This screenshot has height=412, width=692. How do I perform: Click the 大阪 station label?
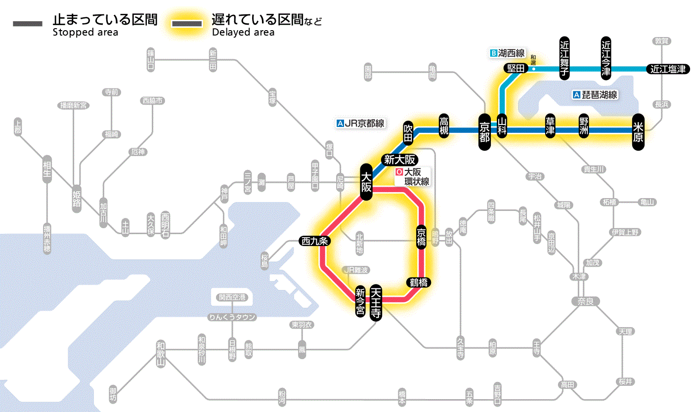tap(366, 182)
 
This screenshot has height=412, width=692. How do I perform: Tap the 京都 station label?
tap(485, 130)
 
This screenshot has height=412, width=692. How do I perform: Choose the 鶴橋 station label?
tap(418, 283)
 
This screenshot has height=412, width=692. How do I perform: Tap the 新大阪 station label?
tap(399, 160)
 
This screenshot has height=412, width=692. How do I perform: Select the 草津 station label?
tap(550, 127)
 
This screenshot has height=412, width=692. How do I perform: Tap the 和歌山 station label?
tap(160, 354)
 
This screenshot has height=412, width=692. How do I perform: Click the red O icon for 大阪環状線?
tap(399, 173)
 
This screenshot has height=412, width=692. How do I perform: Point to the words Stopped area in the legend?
tap(85, 33)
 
